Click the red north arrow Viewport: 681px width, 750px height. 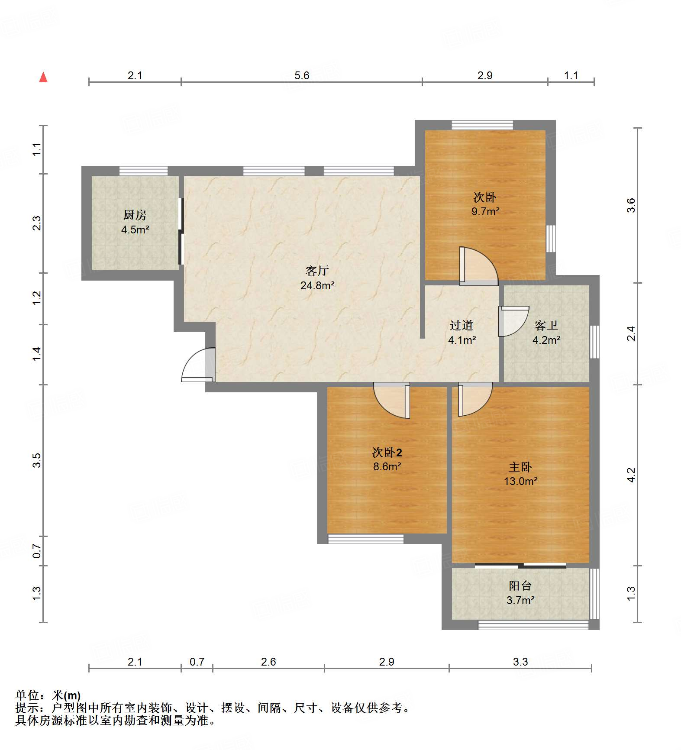tap(43, 77)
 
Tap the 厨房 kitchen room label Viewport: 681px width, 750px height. tap(135, 215)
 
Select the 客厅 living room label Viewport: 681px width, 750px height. tap(317, 271)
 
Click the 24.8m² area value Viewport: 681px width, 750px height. tap(317, 285)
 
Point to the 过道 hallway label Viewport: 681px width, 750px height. tap(462, 325)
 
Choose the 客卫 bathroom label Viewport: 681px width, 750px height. tap(546, 325)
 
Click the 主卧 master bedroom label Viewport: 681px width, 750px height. tap(520, 467)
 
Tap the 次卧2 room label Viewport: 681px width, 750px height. tap(387, 453)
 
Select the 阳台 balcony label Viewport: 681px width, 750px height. tap(520, 586)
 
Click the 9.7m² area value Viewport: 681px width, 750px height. tap(485, 212)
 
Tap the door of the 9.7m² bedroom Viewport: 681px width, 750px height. tap(479, 266)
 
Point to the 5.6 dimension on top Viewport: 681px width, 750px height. tap(302, 75)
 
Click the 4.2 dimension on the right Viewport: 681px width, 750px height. tap(631, 475)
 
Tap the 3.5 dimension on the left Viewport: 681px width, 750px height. tap(37, 460)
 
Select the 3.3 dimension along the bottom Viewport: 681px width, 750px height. tap(520, 662)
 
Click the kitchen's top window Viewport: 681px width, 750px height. tap(143, 171)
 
